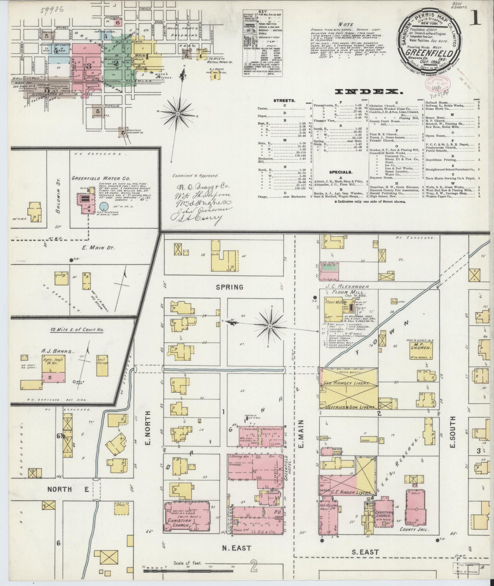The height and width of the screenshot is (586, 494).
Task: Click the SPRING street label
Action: tap(229, 287)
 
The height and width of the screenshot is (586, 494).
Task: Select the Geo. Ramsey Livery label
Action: tap(347, 384)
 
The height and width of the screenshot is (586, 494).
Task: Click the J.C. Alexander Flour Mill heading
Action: tap(346, 289)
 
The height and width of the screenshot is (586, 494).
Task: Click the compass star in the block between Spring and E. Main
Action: tap(270, 326)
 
